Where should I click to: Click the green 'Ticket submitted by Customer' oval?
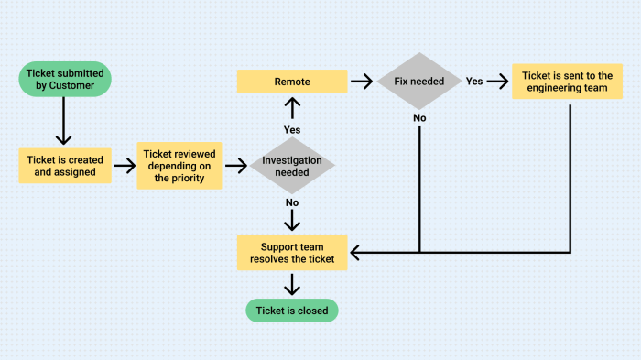(x=64, y=80)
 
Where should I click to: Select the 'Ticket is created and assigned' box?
(x=64, y=165)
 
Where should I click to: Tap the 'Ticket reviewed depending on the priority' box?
(x=179, y=165)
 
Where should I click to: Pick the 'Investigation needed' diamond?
(x=292, y=166)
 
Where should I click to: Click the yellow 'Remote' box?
(x=292, y=82)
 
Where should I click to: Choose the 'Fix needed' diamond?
(x=419, y=82)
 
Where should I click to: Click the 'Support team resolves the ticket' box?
(x=292, y=252)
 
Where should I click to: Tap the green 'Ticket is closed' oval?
(x=292, y=311)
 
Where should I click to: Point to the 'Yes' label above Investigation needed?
(x=292, y=129)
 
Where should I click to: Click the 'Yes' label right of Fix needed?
(x=474, y=82)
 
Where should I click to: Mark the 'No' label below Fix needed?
(x=419, y=117)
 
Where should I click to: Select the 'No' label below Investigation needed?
(x=292, y=202)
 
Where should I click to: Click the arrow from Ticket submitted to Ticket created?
(x=64, y=121)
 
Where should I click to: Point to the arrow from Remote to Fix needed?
(x=362, y=82)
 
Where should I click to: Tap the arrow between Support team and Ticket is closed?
(x=292, y=283)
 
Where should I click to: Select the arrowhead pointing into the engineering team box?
(x=505, y=82)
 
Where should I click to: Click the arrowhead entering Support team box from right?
(x=356, y=252)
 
